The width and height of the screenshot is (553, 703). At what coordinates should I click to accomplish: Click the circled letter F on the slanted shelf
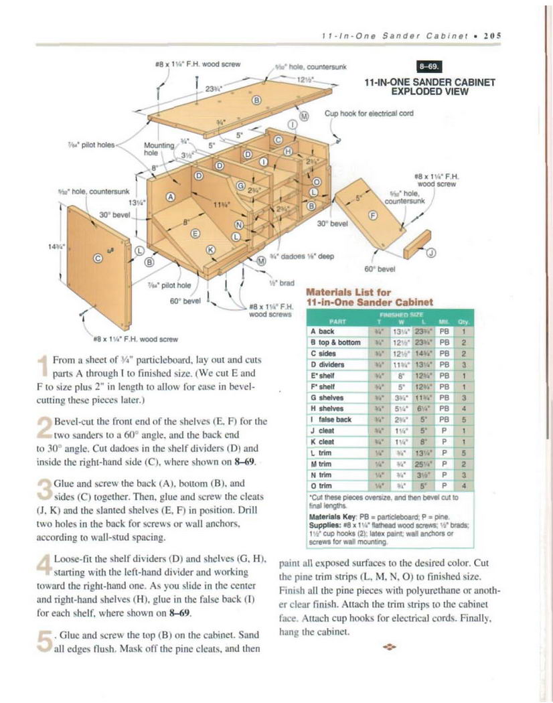(373, 215)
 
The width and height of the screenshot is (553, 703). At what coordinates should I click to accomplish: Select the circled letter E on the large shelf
(195, 232)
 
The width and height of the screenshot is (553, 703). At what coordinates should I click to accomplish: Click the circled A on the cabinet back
(170, 197)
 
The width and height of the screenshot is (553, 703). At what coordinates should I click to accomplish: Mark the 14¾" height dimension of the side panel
(53, 246)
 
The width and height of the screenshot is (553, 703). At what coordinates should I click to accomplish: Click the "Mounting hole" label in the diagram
(156, 148)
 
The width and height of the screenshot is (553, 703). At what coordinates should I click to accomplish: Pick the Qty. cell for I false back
(463, 419)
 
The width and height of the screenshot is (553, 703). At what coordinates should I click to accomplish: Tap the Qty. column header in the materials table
(463, 321)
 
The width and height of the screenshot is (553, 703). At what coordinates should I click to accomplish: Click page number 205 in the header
(493, 35)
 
